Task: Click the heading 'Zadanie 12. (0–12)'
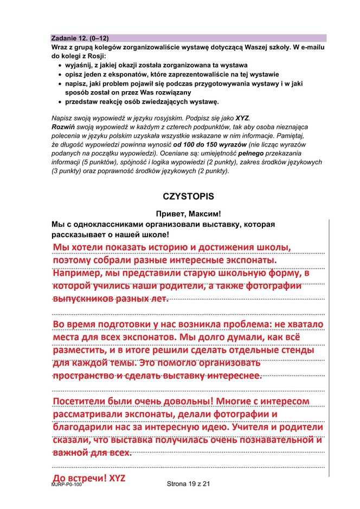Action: click(80, 38)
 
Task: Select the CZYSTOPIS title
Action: click(188, 196)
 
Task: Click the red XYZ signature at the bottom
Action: click(117, 479)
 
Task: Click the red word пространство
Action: click(83, 376)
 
